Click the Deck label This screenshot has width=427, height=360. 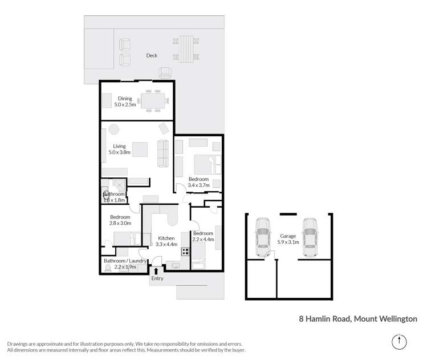(152, 55)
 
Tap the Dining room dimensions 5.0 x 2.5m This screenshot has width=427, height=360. (125, 104)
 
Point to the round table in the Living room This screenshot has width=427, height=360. (114, 128)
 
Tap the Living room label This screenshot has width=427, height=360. (119, 146)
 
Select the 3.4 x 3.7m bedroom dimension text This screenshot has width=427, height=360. (200, 185)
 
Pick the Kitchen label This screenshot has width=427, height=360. (166, 238)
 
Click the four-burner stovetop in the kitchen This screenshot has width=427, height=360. (185, 250)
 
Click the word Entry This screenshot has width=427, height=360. (157, 278)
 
